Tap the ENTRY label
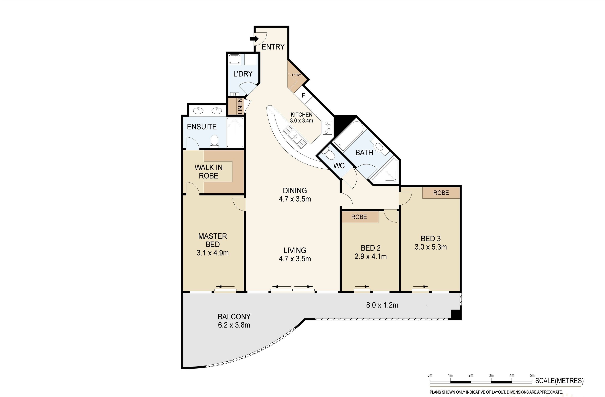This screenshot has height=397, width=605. [273, 47]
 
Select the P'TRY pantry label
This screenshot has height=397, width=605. [296, 75]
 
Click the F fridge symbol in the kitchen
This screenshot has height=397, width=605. [303, 96]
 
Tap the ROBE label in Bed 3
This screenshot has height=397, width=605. [441, 193]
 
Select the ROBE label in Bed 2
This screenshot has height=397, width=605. [359, 217]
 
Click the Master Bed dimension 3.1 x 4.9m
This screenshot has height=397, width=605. [213, 253]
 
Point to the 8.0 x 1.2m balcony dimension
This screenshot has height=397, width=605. [382, 305]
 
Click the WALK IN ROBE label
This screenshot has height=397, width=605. [208, 172]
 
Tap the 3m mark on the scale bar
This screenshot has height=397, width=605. [491, 375]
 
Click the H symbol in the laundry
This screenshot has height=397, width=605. [234, 94]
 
